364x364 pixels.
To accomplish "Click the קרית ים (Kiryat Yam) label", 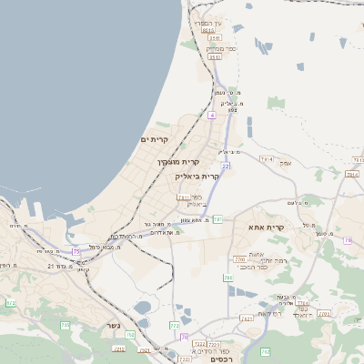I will pos(156,139).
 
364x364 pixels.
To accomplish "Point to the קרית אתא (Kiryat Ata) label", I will pos(267,227).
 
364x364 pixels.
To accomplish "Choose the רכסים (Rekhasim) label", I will pos(209,359).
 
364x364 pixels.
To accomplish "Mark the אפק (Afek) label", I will pos(285,162).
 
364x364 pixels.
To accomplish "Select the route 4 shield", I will pos(211,116).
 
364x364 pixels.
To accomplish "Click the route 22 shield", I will pos(225,167).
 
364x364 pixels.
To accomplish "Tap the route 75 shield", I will pos(76,251).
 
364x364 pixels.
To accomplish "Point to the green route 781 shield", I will pos(217,219).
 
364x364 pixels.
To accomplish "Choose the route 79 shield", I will pos(184,338).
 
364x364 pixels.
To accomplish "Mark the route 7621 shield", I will pos(247,318).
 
